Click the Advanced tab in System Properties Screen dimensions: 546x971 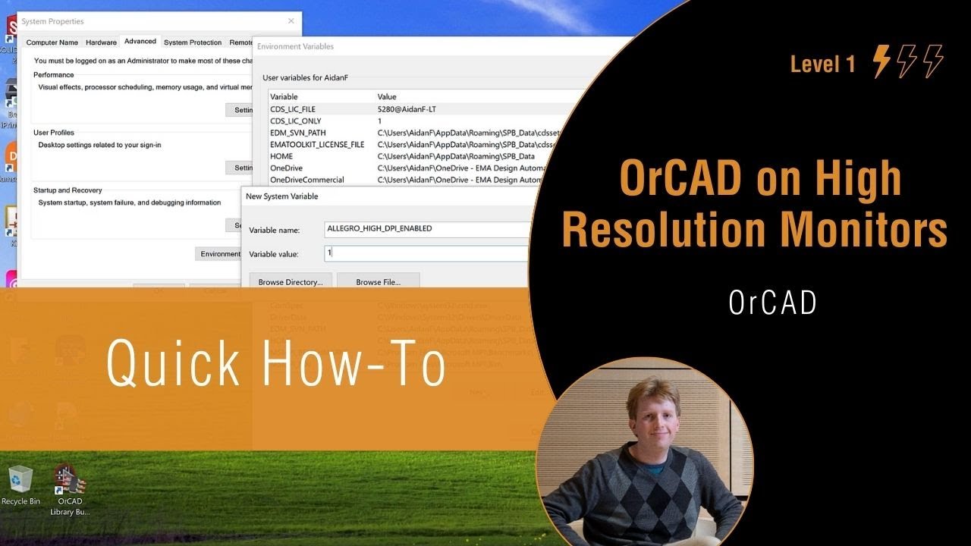click(x=140, y=42)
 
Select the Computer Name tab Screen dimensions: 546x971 click(x=52, y=42)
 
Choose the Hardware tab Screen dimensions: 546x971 click(x=101, y=42)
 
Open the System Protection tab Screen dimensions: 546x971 click(x=193, y=42)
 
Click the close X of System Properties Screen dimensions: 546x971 click(x=291, y=21)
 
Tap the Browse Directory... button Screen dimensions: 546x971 click(x=291, y=282)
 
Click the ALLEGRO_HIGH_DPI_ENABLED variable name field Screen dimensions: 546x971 click(x=425, y=228)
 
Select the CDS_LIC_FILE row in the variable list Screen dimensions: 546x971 click(x=293, y=109)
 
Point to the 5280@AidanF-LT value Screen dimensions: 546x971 click(x=407, y=109)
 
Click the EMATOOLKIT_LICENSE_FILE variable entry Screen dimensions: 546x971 click(x=317, y=145)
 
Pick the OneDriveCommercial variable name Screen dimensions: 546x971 click(x=307, y=180)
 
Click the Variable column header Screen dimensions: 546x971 click(x=284, y=97)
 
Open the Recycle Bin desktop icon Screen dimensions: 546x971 click(x=20, y=485)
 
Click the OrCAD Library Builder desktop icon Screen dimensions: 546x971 click(x=70, y=489)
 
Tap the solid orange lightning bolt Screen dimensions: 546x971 click(x=881, y=61)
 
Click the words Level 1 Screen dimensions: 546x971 click(x=822, y=64)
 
